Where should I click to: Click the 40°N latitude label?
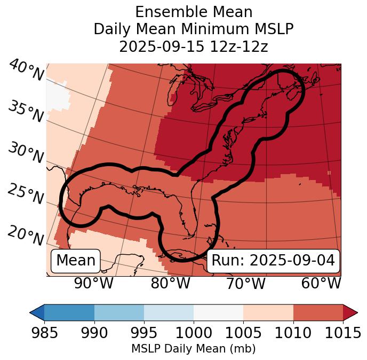26,71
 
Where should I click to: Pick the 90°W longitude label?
93,283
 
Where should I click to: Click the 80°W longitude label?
170,283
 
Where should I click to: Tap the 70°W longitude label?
245,283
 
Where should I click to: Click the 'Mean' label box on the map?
76,261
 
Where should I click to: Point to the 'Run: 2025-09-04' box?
273,261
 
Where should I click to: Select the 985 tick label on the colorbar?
44,333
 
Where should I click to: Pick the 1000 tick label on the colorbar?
194,333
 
